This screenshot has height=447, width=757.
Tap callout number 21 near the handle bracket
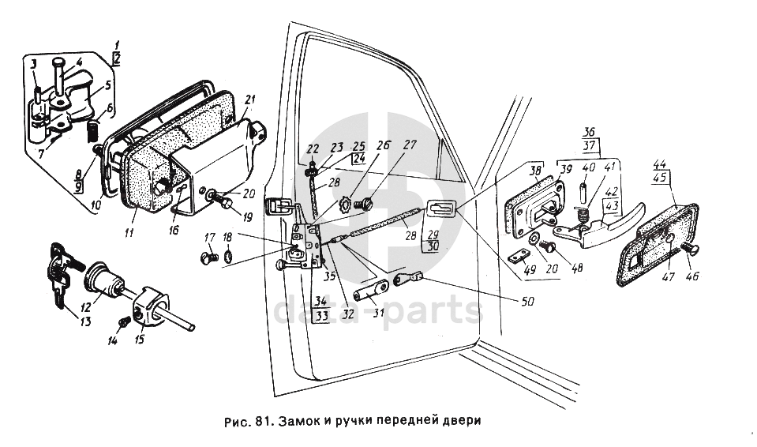pyautogui.click(x=250, y=100)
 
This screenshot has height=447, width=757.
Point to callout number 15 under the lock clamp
pyautogui.click(x=141, y=340)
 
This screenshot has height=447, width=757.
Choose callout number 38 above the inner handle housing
pyautogui.click(x=535, y=170)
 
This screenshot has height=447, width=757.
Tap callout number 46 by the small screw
pyautogui.click(x=691, y=276)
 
